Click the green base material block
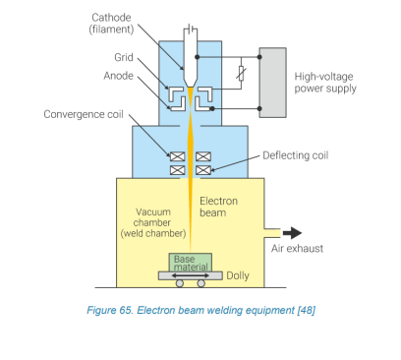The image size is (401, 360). (191, 263)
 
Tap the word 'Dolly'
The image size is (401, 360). (239, 275)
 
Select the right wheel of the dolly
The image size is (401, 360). (201, 283)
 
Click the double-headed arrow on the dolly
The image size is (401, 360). (190, 275)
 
